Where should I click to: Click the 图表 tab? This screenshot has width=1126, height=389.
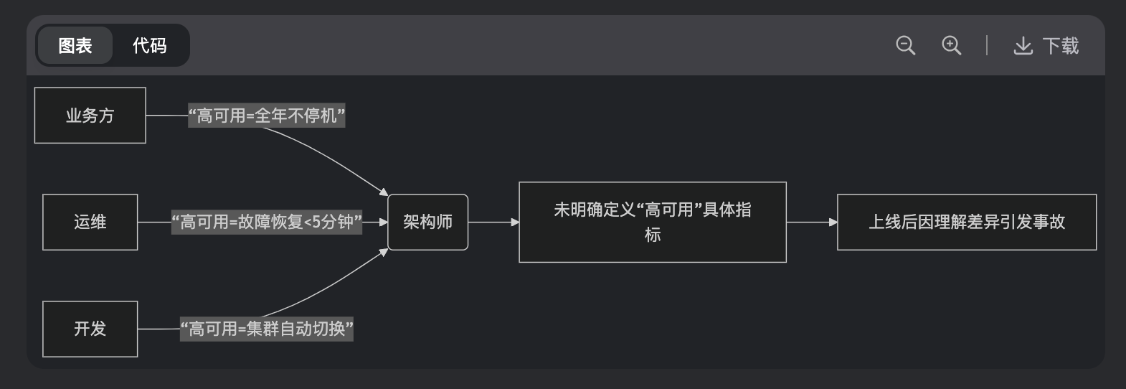point(75,46)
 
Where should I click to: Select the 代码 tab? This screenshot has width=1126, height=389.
point(149,46)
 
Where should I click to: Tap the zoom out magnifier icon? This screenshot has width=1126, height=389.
point(905,46)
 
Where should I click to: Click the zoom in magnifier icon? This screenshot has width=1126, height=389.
point(951,46)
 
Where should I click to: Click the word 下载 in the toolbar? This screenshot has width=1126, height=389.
point(1061,46)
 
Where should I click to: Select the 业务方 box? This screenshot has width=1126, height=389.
point(90,116)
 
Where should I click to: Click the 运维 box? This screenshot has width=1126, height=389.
point(90,222)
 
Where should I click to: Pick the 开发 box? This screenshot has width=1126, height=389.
point(90,329)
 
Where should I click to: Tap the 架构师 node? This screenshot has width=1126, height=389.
point(427,222)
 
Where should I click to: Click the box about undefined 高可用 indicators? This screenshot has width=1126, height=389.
point(652,222)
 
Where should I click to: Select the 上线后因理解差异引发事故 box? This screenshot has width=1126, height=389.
point(966,222)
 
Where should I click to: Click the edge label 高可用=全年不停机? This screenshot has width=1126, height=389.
point(267,116)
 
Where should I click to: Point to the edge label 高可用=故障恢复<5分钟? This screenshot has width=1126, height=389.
point(267,222)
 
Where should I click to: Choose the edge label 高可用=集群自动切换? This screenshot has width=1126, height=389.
point(267,329)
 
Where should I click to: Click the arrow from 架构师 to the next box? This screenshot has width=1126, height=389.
point(493,222)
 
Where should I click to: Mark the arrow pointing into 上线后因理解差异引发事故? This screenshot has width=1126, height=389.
point(812,222)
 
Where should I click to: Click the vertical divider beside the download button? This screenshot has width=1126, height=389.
point(987,46)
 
